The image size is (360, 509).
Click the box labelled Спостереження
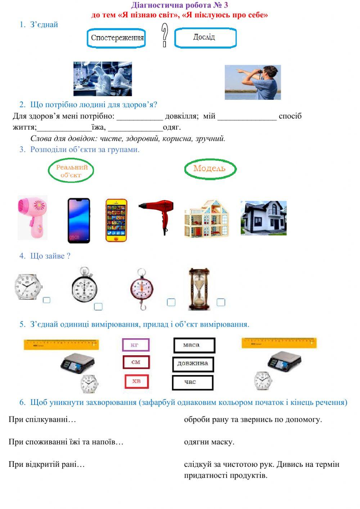(116, 38)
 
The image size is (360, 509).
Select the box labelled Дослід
(205, 38)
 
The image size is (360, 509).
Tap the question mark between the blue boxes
(165, 35)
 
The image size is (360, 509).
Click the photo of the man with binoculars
(253, 82)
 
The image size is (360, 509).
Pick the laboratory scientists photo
(103, 79)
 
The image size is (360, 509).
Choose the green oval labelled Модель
(210, 169)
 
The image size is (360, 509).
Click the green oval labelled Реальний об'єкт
(71, 171)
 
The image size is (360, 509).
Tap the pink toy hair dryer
(33, 218)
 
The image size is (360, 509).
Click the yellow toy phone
(116, 220)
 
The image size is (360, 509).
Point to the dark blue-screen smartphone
(79, 220)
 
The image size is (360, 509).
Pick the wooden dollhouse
(206, 219)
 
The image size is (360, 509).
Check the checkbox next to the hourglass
(221, 302)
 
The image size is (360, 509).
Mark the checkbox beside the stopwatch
(98, 307)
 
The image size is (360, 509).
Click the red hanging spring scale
(142, 289)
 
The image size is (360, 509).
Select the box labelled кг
(135, 345)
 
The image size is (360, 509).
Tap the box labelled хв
(136, 381)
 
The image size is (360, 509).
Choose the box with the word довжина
(193, 363)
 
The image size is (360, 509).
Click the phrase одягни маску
(209, 442)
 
